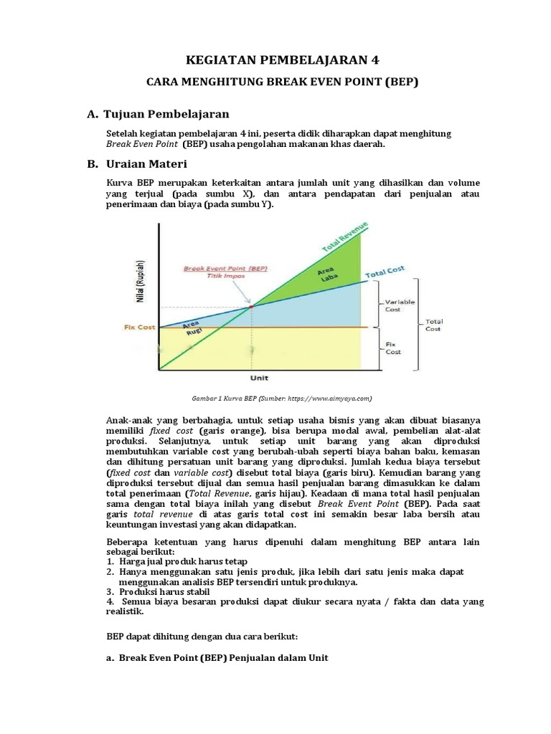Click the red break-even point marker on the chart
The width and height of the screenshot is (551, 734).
click(x=252, y=306)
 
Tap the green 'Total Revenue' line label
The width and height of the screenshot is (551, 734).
click(x=345, y=237)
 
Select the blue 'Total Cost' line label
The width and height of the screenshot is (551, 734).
click(x=385, y=272)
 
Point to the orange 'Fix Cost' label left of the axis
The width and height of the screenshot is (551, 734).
click(x=139, y=328)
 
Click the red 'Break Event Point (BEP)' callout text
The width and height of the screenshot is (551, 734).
click(x=225, y=267)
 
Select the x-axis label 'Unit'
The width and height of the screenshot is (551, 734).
click(x=259, y=377)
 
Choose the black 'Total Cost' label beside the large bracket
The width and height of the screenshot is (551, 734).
click(x=433, y=325)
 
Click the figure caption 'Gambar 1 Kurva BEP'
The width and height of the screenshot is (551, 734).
click(x=281, y=398)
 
